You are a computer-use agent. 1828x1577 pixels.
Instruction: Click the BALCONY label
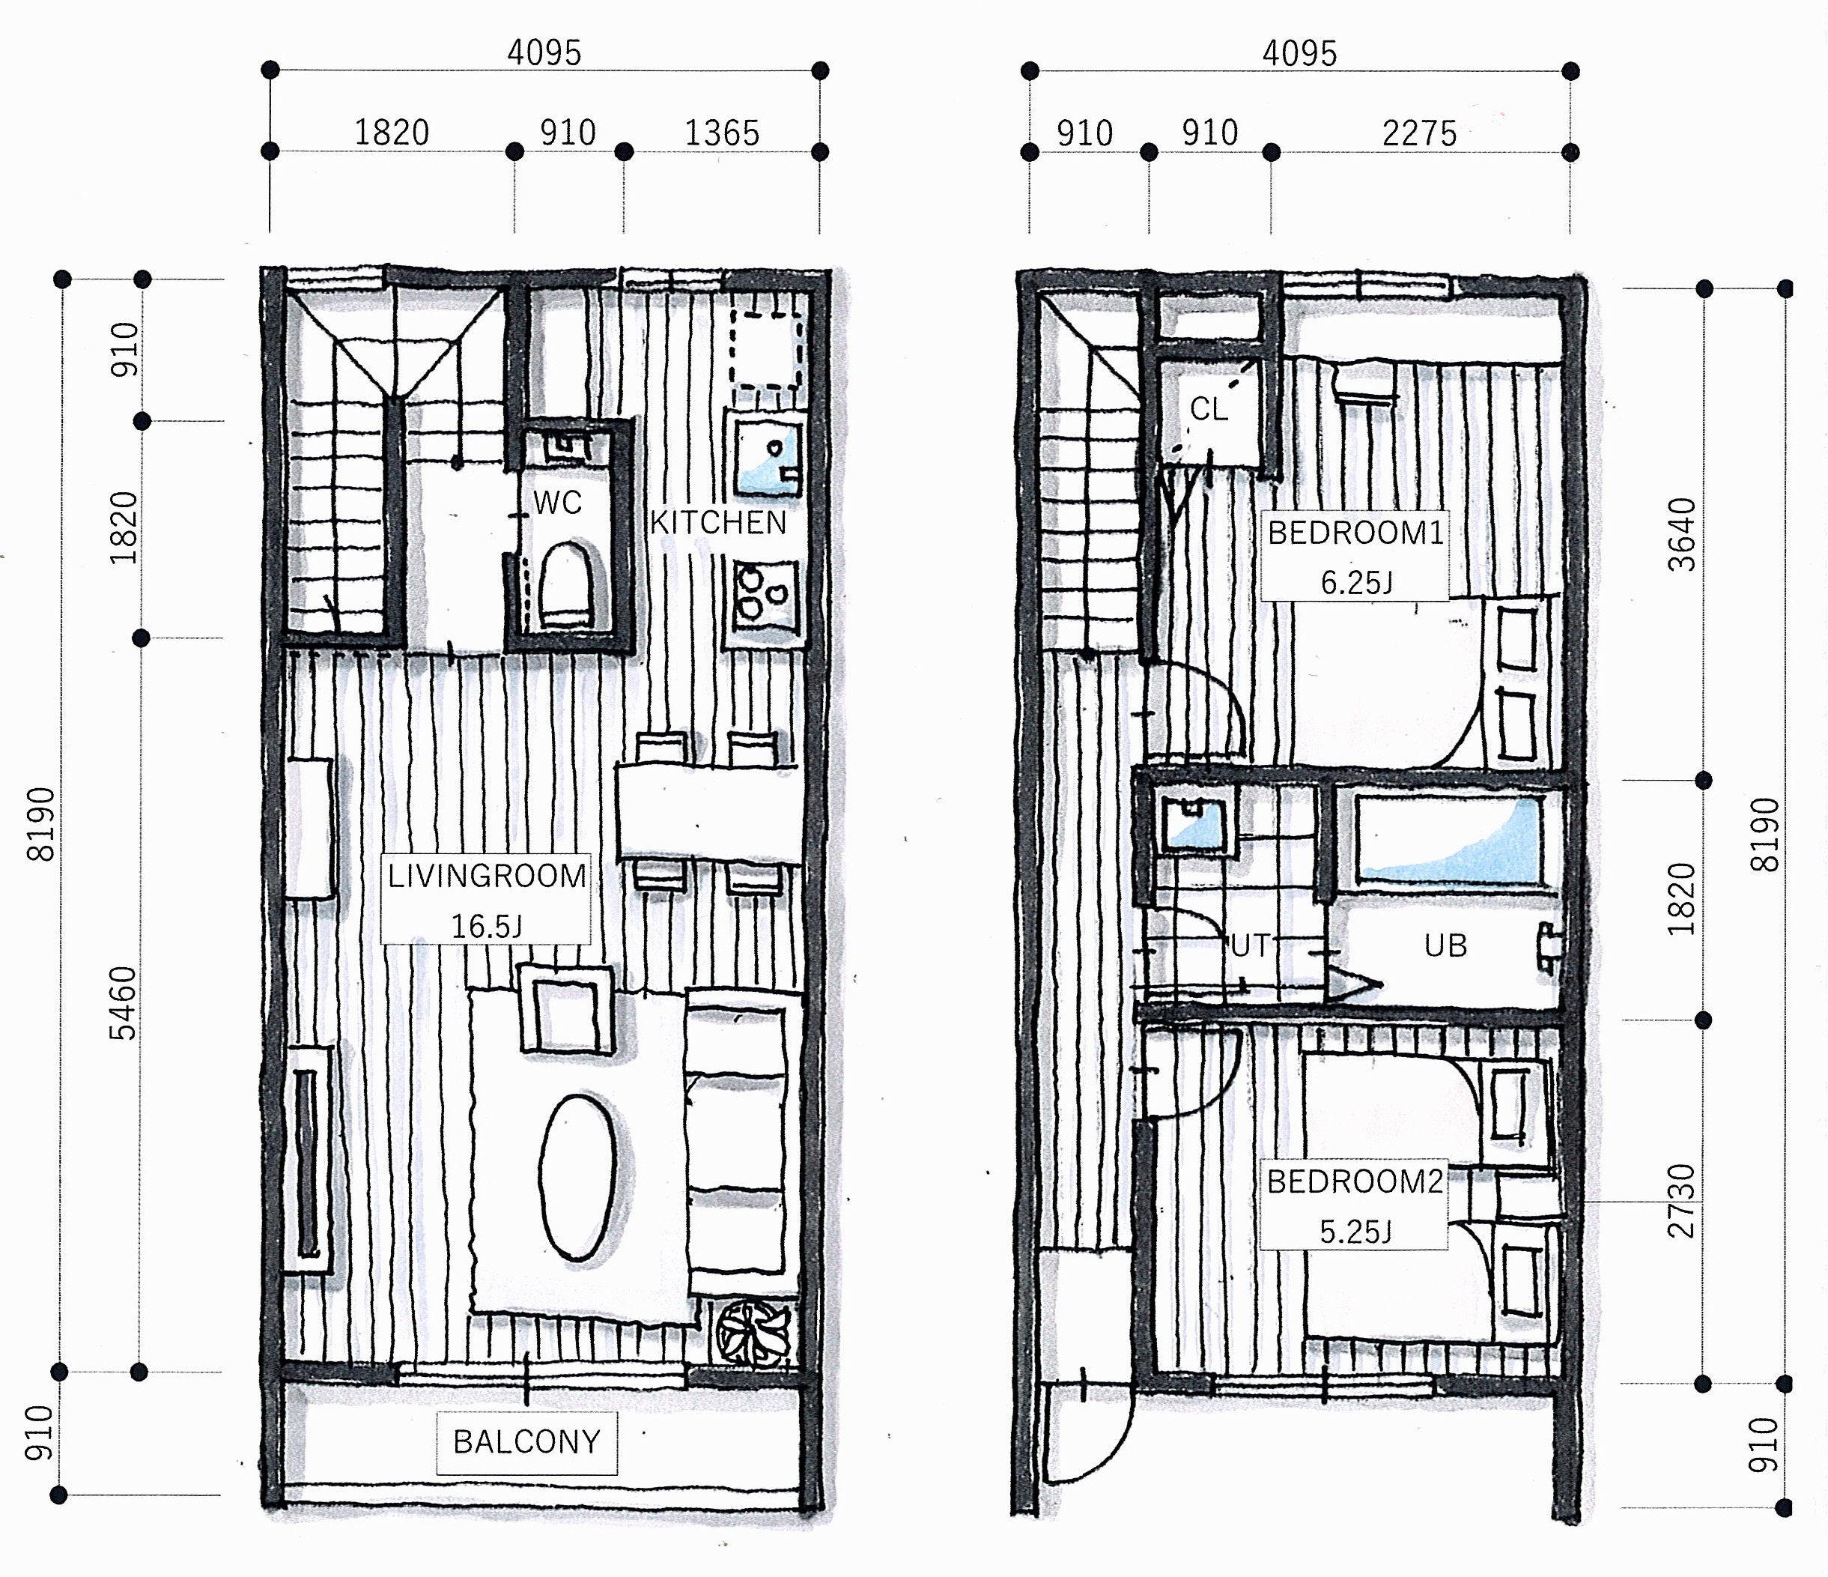[x=526, y=1441]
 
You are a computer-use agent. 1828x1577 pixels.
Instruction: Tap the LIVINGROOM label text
[x=487, y=876]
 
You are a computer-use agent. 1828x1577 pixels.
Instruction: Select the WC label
[x=558, y=503]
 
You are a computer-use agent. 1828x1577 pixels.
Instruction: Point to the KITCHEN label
[x=718, y=522]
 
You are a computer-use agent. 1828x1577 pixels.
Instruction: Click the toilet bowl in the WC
[x=565, y=585]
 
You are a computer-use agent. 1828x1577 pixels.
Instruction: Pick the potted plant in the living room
[x=753, y=1330]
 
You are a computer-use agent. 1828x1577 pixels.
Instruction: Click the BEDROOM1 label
[x=1356, y=533]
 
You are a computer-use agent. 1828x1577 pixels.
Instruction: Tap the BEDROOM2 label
[x=1355, y=1181]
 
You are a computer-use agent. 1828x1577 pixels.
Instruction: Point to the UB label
[x=1445, y=945]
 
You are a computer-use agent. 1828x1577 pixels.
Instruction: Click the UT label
[x=1250, y=945]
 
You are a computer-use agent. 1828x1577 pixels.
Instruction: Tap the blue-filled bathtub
[x=1448, y=840]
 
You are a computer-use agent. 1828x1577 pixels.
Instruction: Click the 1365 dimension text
[x=723, y=133]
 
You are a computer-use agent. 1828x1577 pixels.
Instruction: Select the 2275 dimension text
[x=1420, y=133]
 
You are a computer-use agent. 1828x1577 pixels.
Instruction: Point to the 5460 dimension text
[x=124, y=1003]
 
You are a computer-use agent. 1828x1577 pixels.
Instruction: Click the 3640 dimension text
[x=1683, y=535]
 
